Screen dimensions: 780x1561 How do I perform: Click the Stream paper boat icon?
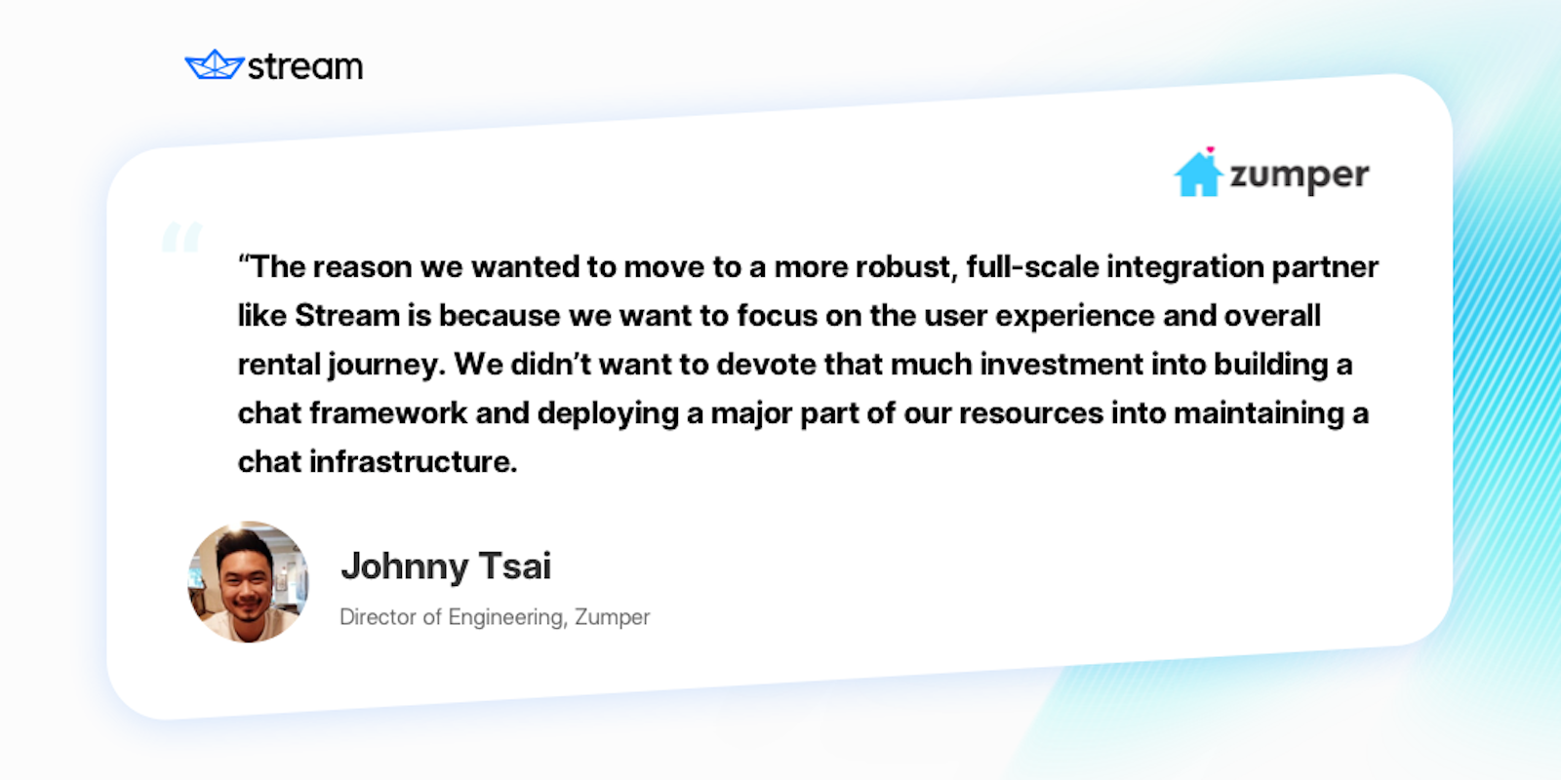[214, 65]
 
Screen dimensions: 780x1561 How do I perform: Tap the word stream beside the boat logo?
[305, 67]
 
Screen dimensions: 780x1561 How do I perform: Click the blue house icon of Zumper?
[1198, 174]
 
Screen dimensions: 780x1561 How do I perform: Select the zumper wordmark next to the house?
[1300, 176]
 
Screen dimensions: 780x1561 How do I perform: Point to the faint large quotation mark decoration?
[182, 237]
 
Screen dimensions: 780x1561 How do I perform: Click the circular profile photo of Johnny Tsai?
[249, 582]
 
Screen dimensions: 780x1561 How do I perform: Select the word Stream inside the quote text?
[347, 315]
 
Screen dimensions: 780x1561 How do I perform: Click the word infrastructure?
[413, 461]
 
